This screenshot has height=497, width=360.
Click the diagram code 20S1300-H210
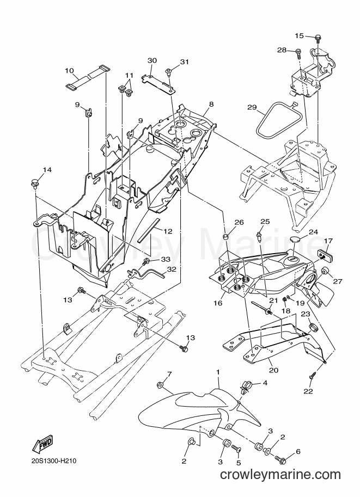[x=53, y=461]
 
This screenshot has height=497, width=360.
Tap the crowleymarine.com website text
[x=280, y=475]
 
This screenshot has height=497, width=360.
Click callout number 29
[x=252, y=108]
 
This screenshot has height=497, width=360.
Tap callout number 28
[x=282, y=50]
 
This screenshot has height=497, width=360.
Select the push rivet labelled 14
[x=34, y=184]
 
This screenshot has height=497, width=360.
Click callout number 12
[x=168, y=231]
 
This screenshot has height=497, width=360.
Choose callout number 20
[x=274, y=370]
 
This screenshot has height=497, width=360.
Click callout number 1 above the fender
[x=218, y=371]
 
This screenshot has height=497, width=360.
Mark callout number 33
[x=166, y=260]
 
